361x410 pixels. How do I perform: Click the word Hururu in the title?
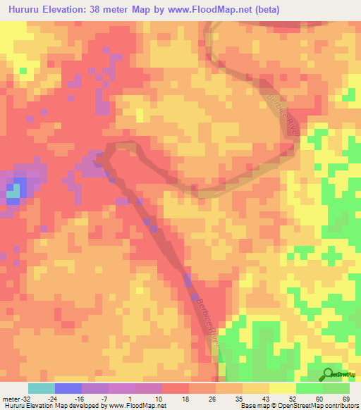tap(25, 9)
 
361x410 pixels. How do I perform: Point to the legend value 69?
tap(346, 398)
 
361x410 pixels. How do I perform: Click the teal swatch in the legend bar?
tap(41, 388)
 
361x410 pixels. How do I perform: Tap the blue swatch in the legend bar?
tap(68, 388)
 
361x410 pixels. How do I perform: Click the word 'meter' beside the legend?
tap(11, 398)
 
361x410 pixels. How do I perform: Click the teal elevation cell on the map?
tap(12, 189)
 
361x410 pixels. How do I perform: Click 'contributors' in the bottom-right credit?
tap(341, 406)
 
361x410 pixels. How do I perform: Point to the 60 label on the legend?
tap(319, 398)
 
